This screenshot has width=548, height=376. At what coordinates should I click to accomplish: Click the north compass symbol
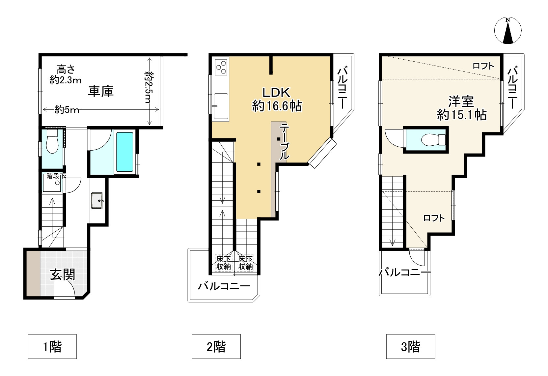click(x=507, y=31)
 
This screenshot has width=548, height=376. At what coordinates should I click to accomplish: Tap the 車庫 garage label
click(x=101, y=92)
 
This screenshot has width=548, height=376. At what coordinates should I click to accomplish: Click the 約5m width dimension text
click(x=67, y=109)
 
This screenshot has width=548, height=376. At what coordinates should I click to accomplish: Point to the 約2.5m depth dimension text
click(x=149, y=87)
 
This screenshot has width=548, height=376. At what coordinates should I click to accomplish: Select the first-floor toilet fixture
click(x=52, y=141)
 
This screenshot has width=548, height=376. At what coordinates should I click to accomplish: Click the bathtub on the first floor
click(x=125, y=152)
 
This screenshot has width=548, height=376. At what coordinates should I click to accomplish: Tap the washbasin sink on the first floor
click(x=97, y=200)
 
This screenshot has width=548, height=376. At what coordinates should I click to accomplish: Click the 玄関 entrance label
click(x=63, y=275)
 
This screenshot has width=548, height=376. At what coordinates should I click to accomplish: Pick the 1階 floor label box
click(x=52, y=346)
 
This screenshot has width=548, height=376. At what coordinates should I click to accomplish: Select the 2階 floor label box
click(x=216, y=346)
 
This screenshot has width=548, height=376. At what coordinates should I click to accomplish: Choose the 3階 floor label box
click(x=411, y=346)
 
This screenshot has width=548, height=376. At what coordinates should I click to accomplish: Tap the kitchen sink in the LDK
click(x=221, y=106)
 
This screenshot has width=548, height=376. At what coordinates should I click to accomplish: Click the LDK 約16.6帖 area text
click(x=277, y=99)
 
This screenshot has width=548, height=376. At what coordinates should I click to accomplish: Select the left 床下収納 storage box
click(x=223, y=263)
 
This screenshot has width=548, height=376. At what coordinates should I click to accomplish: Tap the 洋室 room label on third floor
click(x=461, y=101)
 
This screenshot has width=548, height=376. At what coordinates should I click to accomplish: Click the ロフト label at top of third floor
click(x=483, y=66)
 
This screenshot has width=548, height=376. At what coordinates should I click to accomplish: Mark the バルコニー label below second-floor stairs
click(x=224, y=286)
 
